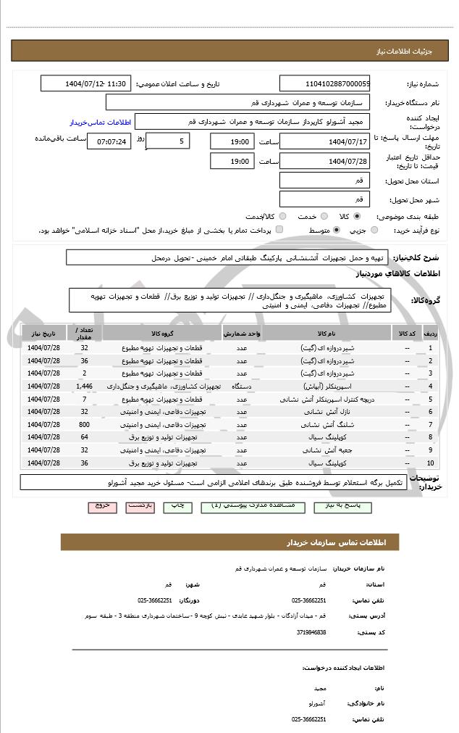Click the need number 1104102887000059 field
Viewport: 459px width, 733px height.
coord(324,84)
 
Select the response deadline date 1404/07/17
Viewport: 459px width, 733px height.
coord(324,141)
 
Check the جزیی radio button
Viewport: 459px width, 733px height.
coord(374,230)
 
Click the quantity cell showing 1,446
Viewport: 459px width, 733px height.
coord(84,386)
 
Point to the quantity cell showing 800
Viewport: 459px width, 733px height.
coord(84,424)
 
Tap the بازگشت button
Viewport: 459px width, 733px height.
coord(140,505)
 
